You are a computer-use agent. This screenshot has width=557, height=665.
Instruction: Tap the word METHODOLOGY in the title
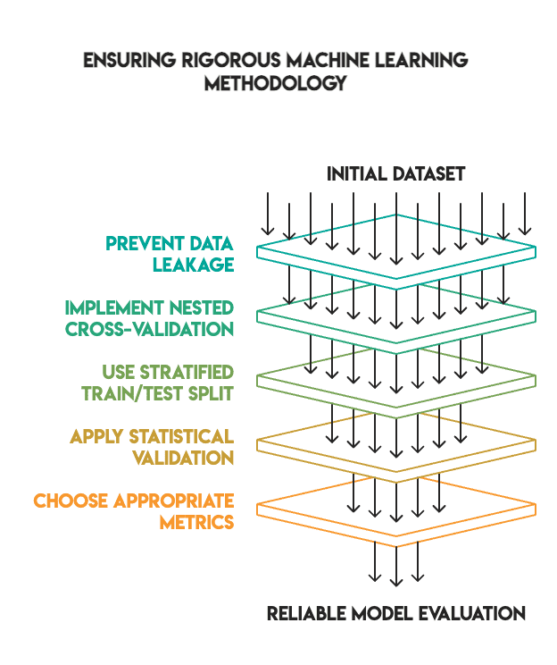tap(275, 84)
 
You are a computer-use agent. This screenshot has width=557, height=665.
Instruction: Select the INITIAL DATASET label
tap(395, 173)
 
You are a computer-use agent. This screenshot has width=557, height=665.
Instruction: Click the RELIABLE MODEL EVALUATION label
tap(396, 614)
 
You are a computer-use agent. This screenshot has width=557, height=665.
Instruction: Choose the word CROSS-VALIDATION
tap(150, 329)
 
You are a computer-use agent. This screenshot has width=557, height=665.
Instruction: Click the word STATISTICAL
tap(184, 436)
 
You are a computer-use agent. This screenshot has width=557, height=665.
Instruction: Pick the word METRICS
tap(197, 522)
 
